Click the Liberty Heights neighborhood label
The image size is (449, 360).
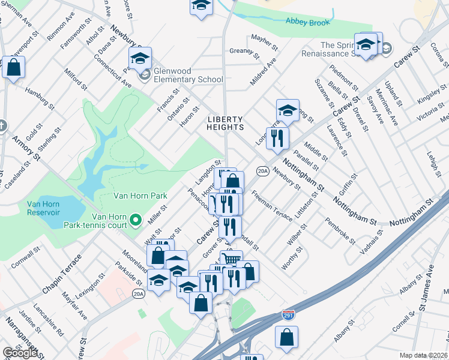coord(225,123)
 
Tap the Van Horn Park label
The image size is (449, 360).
coord(140,196)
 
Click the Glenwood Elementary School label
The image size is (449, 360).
coord(188,75)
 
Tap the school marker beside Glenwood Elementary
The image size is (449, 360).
coord(140,59)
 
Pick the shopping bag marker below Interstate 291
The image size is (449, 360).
coord(287,338)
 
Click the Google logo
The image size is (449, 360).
coord(20,353)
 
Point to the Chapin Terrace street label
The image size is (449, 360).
coord(61,277)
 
